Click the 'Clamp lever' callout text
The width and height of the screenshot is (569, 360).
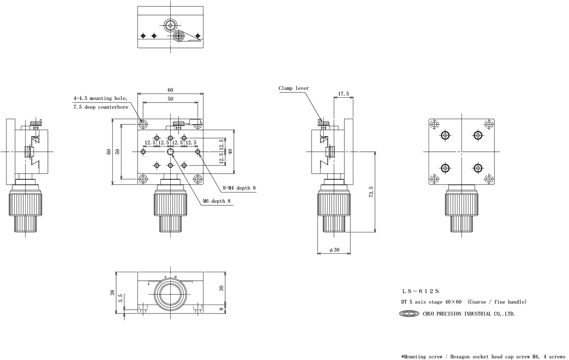(294, 88)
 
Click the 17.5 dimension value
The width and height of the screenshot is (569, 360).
(343, 94)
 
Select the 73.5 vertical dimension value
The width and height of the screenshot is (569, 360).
(371, 192)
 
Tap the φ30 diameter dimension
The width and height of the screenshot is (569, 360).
(334, 250)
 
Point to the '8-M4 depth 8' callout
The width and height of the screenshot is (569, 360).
(239, 188)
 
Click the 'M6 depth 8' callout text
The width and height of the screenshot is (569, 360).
(217, 201)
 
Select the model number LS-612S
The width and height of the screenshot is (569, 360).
(421, 291)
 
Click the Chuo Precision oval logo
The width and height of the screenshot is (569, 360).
(409, 314)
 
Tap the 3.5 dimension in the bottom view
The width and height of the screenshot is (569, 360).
(120, 298)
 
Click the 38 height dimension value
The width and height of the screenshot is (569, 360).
(112, 293)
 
